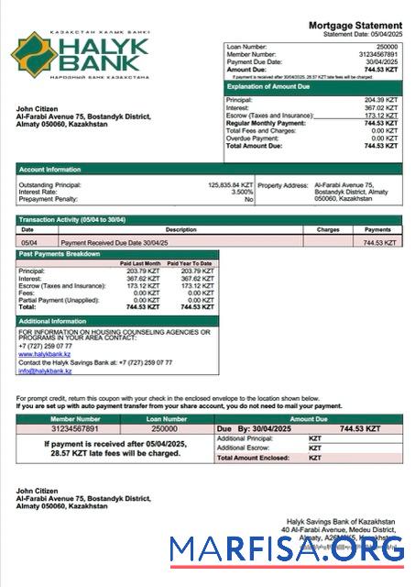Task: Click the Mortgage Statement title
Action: (x=355, y=25)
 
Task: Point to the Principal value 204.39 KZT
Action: (x=382, y=100)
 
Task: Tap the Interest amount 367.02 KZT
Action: (x=382, y=107)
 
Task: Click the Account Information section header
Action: (x=48, y=169)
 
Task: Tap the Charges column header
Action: (x=327, y=229)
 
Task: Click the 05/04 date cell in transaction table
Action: (x=29, y=242)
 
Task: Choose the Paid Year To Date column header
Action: (x=191, y=263)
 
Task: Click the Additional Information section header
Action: (x=52, y=321)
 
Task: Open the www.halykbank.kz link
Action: (x=45, y=353)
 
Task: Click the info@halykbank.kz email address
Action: (x=45, y=371)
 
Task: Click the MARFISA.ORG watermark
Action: (x=287, y=550)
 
